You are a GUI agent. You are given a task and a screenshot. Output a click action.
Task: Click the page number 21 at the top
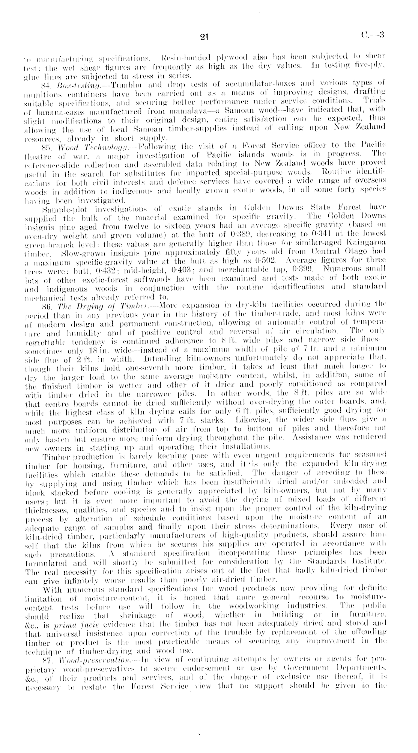[204, 37]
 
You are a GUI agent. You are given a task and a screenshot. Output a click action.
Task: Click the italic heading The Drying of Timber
[83, 303]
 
